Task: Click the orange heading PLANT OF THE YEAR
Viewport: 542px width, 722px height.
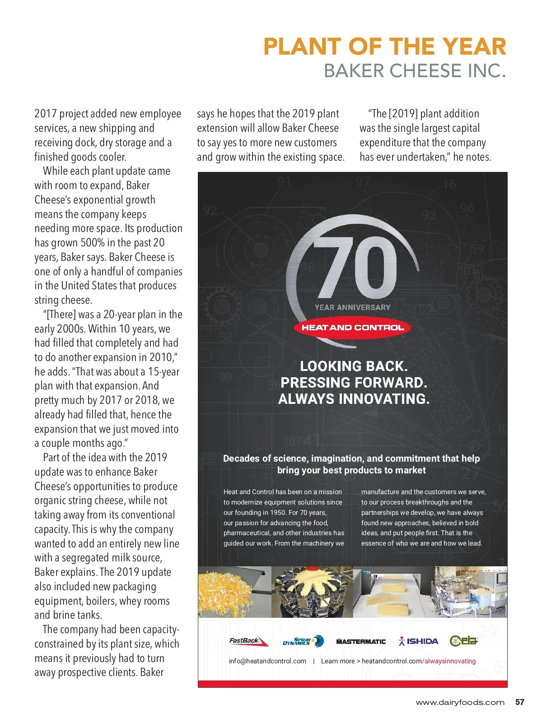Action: pos(384,46)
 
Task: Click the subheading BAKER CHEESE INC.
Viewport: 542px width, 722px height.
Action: pos(415,71)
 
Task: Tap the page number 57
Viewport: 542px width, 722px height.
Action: pos(520,702)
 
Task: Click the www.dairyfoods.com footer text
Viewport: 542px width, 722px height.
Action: pos(460,703)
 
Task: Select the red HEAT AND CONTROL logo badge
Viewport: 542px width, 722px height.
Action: pos(352,328)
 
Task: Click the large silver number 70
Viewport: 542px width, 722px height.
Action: pos(356,266)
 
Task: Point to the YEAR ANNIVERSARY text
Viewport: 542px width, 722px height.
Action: pos(352,307)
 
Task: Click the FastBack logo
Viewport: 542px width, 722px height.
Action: pos(248,641)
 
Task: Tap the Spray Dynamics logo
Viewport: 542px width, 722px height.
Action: pos(303,641)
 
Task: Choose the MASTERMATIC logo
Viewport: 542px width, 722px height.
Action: pos(361,642)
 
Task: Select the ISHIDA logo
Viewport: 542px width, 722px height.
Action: pos(418,641)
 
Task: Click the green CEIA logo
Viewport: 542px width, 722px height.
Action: pos(464,641)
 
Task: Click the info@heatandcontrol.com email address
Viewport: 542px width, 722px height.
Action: pos(267,661)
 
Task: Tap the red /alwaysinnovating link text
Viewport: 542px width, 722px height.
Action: pos(449,661)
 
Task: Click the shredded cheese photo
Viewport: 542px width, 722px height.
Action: pos(226,592)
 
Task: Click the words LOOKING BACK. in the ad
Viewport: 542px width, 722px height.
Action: pos(354,366)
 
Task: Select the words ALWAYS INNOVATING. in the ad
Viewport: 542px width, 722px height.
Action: pos(354,399)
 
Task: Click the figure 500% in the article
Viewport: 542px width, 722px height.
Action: pos(93,243)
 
